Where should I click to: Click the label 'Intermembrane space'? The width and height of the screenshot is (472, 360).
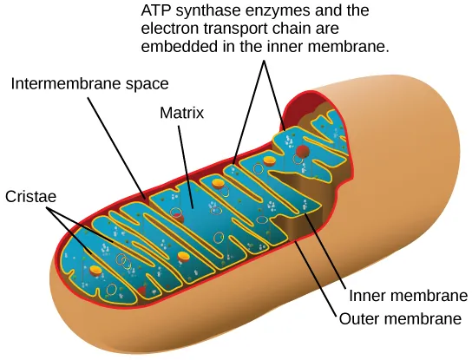pos(89,84)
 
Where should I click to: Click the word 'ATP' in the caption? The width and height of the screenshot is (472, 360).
pos(154,12)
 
